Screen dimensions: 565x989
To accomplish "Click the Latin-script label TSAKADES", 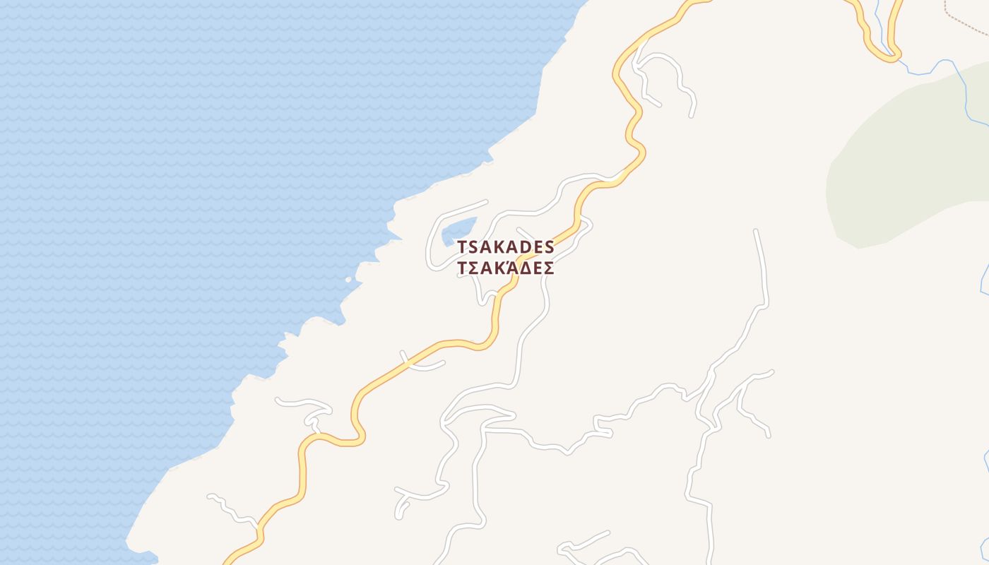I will pyautogui.click(x=506, y=247).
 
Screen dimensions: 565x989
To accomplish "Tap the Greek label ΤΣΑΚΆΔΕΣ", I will pyautogui.click(x=506, y=269).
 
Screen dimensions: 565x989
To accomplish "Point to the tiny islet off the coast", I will pyautogui.click(x=348, y=280).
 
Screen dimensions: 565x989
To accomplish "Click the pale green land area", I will pyautogui.click(x=911, y=162).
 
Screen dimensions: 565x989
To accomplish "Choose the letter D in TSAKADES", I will pyautogui.click(x=521, y=247).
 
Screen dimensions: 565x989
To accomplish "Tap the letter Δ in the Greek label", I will pyautogui.click(x=521, y=269).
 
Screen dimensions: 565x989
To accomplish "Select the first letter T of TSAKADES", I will pyautogui.click(x=463, y=247).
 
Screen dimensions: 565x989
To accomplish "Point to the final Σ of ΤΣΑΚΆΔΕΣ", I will pyautogui.click(x=548, y=269).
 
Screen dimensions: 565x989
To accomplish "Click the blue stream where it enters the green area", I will pyautogui.click(x=965, y=78).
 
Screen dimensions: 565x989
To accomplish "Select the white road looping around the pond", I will pyautogui.click(x=430, y=240).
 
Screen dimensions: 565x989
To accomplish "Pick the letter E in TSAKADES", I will pyautogui.click(x=535, y=247).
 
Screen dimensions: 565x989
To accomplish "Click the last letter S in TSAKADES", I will pyautogui.click(x=549, y=247).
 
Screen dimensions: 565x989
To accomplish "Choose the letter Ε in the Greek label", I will pyautogui.click(x=535, y=269).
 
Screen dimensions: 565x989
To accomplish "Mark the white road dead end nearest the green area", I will pyautogui.click(x=756, y=231).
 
